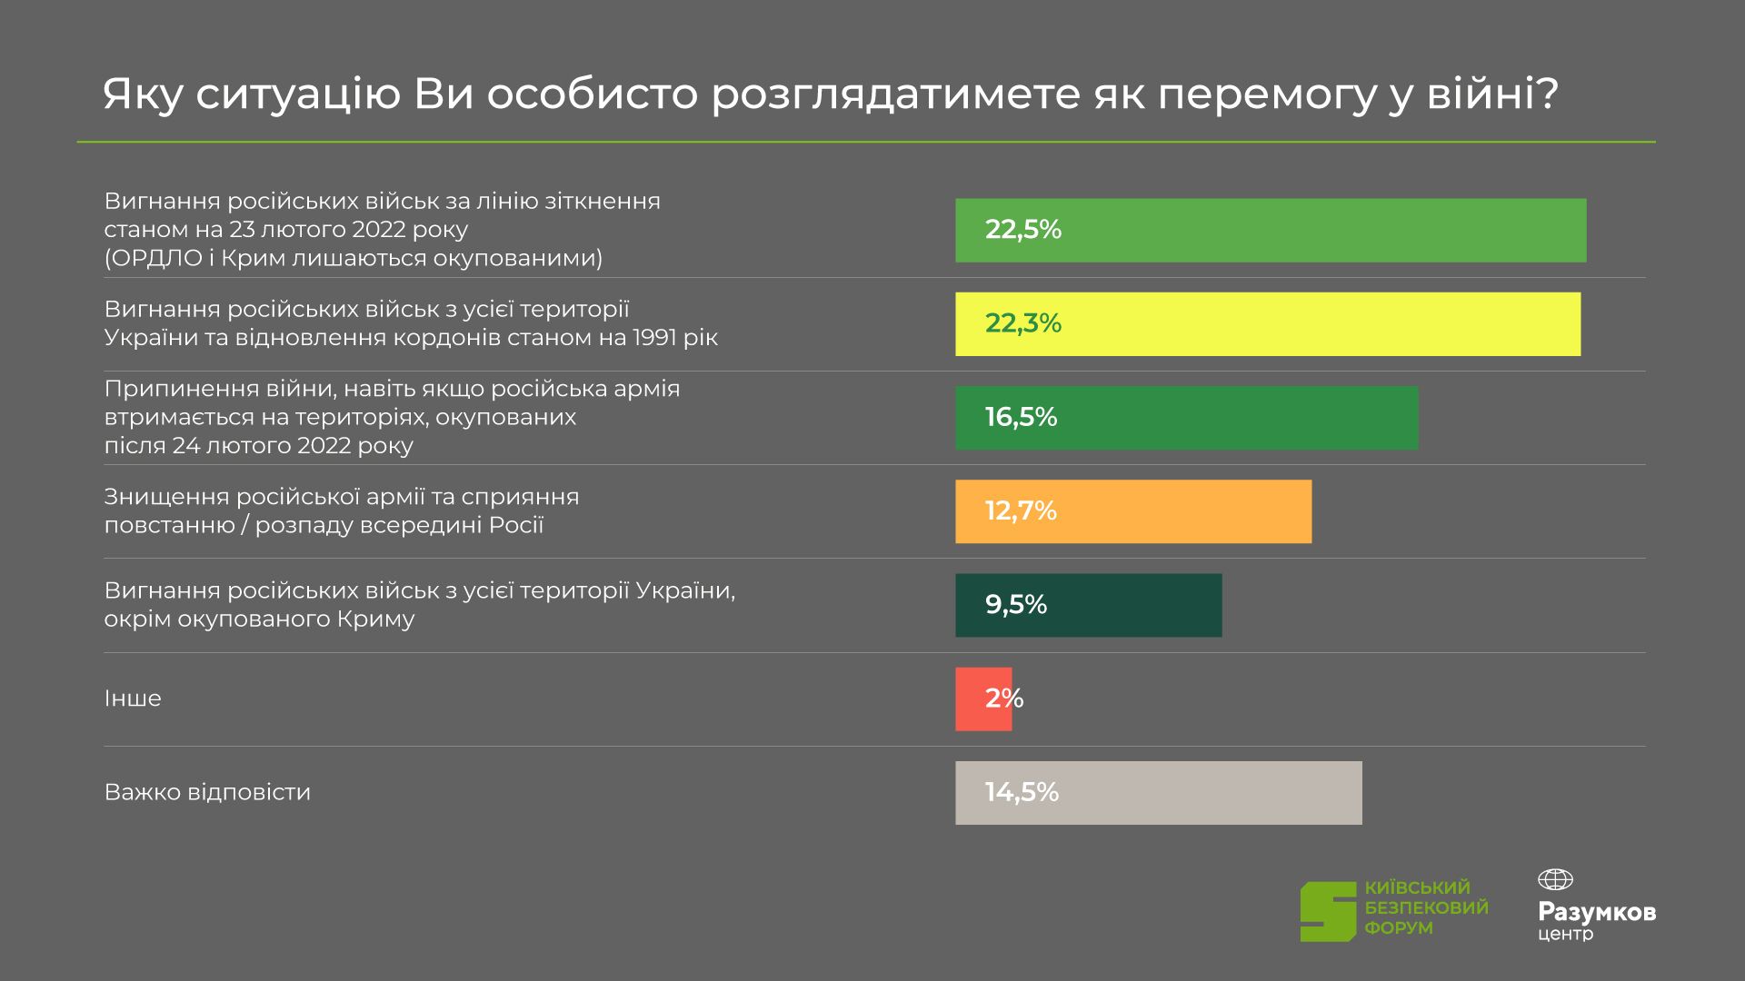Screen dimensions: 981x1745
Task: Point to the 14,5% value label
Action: tap(1022, 792)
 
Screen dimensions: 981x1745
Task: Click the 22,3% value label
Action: tap(1022, 323)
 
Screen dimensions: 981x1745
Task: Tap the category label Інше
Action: tap(133, 699)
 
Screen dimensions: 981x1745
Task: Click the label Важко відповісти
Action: tap(207, 792)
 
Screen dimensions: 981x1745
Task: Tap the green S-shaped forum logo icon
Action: tap(1328, 911)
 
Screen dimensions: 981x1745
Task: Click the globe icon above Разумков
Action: tap(1555, 879)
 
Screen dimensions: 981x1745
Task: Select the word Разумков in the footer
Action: tap(1597, 912)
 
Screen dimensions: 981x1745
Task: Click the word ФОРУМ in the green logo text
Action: tap(1399, 928)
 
